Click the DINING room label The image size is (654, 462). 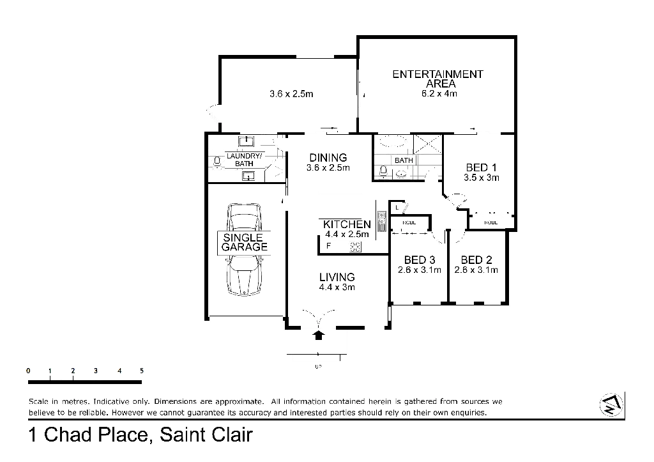[x=328, y=158]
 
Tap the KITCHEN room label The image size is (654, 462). [x=346, y=225]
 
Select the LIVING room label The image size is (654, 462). [x=337, y=277]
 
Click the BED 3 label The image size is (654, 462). [x=420, y=261]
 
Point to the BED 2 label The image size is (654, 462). [x=477, y=261]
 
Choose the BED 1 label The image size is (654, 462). [x=480, y=169]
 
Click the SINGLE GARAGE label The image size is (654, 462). [x=243, y=242]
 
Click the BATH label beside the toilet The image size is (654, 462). [x=402, y=160]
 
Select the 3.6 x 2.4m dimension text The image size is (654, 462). [x=291, y=94]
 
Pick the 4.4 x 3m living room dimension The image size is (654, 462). [x=337, y=288]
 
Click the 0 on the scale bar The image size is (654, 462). [x=28, y=371]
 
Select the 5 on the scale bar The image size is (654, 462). [x=141, y=371]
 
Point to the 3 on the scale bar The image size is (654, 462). [x=95, y=371]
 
